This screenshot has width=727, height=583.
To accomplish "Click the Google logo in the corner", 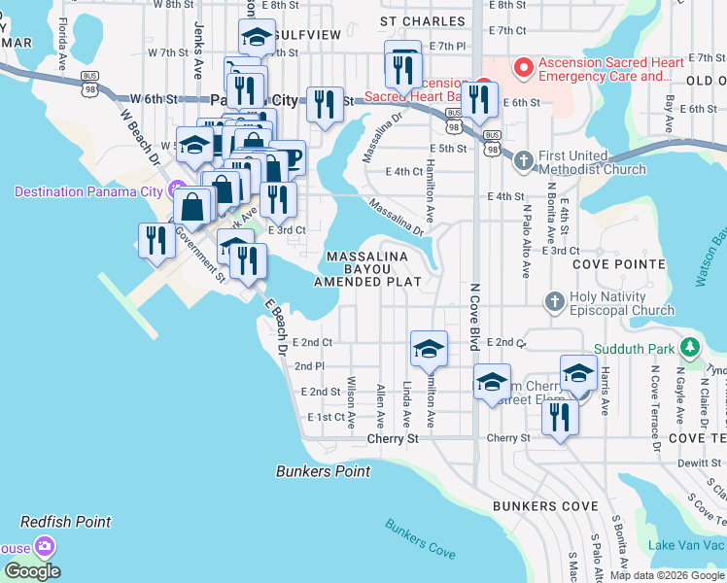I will click(x=32, y=570).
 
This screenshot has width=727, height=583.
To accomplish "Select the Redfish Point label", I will click(x=66, y=522).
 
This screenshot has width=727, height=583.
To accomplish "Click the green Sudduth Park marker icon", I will click(x=689, y=347).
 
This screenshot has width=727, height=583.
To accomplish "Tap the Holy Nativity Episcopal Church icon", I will click(x=555, y=301).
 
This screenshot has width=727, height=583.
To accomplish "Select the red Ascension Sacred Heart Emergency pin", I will click(x=524, y=67).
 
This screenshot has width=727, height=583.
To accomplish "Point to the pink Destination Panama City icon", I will click(x=176, y=189).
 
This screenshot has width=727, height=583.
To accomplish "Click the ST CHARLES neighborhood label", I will click(x=416, y=19).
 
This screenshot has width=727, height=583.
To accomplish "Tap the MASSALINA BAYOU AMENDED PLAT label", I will click(x=367, y=268).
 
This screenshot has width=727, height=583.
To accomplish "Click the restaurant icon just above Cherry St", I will click(x=559, y=417).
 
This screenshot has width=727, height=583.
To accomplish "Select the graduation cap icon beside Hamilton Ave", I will click(x=429, y=349).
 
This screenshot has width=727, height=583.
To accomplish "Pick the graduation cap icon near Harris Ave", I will click(x=578, y=372).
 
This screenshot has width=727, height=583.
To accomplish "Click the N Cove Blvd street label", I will click(x=475, y=316).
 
